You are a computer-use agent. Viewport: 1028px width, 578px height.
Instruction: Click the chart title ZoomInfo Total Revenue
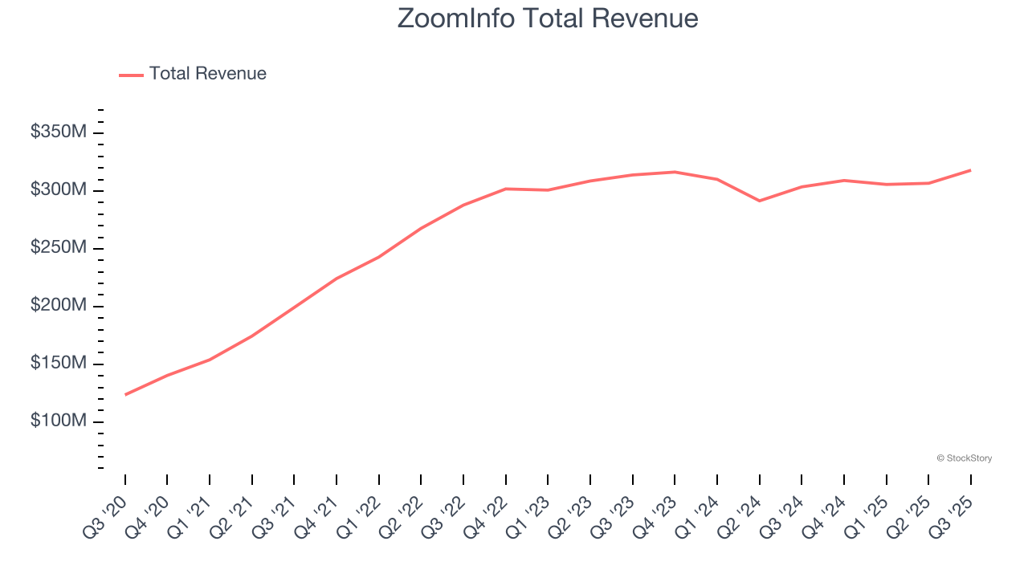coord(548,18)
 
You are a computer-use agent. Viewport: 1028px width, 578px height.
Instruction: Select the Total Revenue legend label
coord(207,74)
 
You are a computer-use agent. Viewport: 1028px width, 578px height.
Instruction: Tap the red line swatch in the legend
coord(131,75)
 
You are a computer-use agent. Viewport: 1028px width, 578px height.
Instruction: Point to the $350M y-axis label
coord(58,132)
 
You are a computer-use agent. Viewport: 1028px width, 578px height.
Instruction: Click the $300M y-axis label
coord(58,190)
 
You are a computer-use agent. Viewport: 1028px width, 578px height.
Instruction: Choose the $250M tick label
coord(58,248)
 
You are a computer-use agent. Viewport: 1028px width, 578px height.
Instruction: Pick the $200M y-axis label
coord(58,306)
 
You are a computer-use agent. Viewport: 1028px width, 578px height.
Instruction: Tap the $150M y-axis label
coord(58,364)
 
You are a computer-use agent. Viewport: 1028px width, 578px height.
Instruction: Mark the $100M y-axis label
coord(58,421)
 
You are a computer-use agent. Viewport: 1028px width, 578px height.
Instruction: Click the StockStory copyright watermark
coord(964,458)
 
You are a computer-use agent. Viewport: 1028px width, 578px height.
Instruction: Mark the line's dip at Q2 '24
coord(759,201)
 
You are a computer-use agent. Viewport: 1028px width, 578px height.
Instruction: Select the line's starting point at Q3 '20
coord(125,394)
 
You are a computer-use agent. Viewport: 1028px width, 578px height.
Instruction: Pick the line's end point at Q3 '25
coord(970,170)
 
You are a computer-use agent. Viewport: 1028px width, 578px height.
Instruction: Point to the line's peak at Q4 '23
coord(675,172)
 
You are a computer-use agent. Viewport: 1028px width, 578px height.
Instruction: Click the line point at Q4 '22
coord(506,189)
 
